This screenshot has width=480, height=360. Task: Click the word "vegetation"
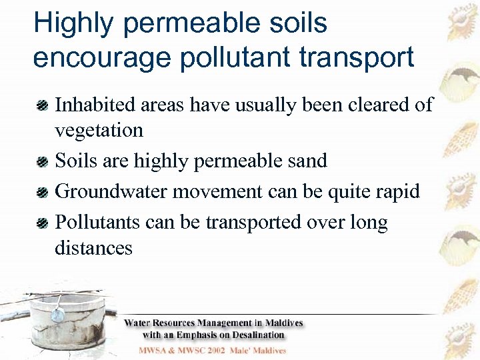coord(99,130)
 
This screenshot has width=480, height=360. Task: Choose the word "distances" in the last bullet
coord(93,248)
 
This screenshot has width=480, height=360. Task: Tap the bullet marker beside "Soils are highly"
coord(42,161)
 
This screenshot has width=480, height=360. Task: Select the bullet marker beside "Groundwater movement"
coord(42,192)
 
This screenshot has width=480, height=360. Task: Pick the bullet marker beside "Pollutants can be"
coord(42,223)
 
